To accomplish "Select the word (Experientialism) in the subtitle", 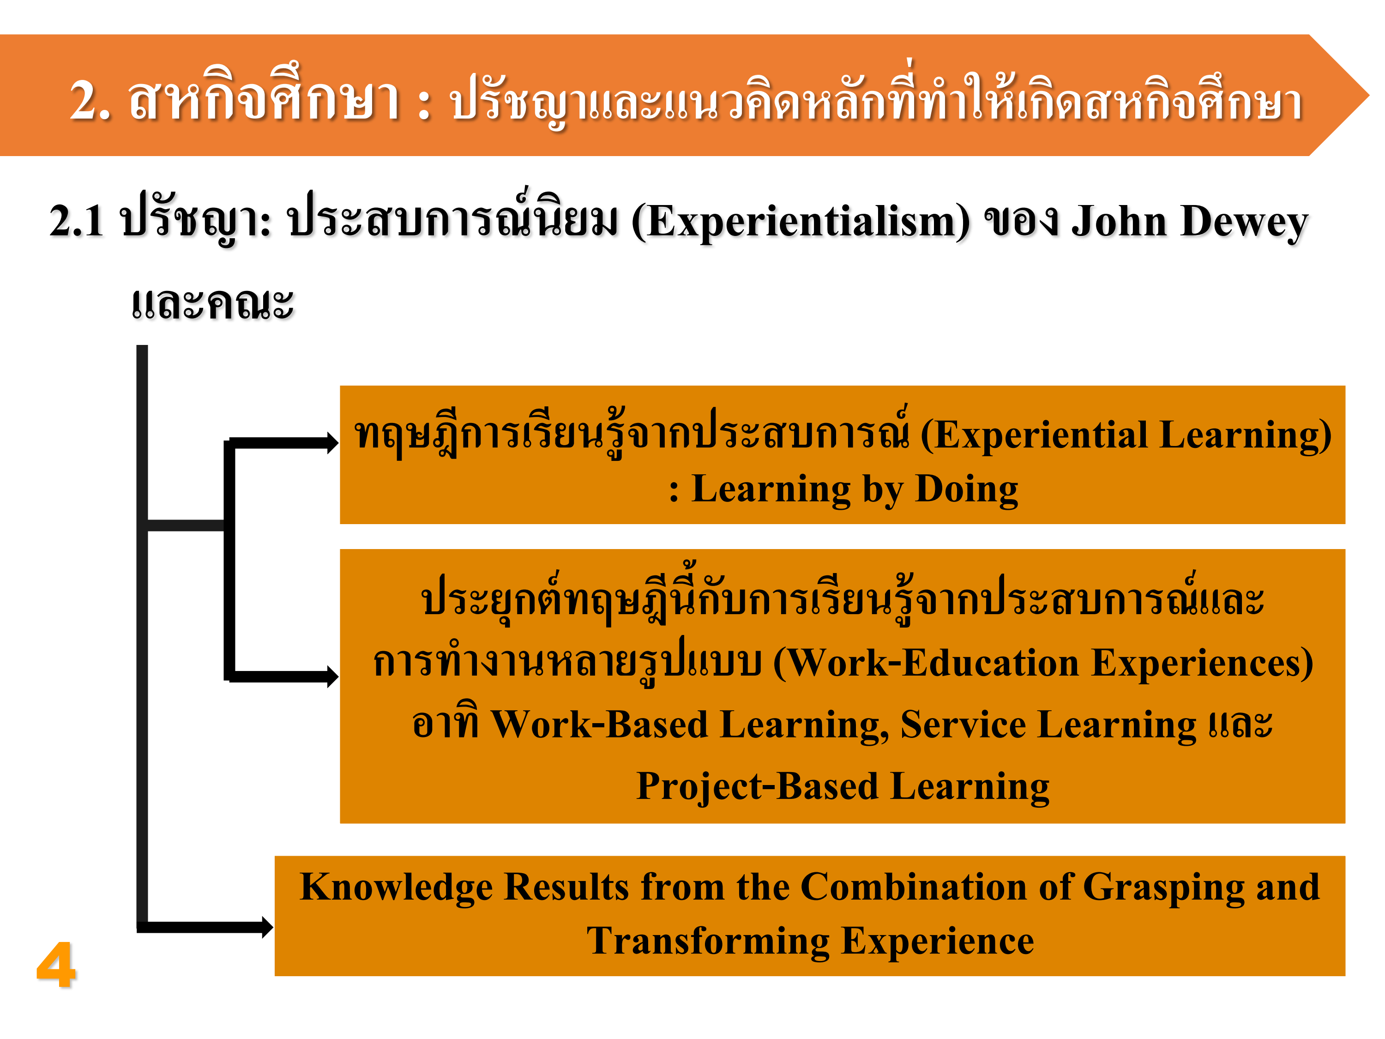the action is click(801, 222).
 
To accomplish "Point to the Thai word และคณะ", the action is click(212, 304).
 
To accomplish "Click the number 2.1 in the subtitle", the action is click(76, 222).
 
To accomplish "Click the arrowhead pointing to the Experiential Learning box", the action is click(332, 443).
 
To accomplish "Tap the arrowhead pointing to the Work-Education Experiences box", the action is click(332, 677).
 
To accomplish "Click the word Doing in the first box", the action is click(967, 490).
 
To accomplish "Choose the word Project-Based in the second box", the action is click(758, 787).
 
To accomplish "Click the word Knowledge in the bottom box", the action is click(396, 888).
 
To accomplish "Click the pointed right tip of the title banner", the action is click(1369, 95).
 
